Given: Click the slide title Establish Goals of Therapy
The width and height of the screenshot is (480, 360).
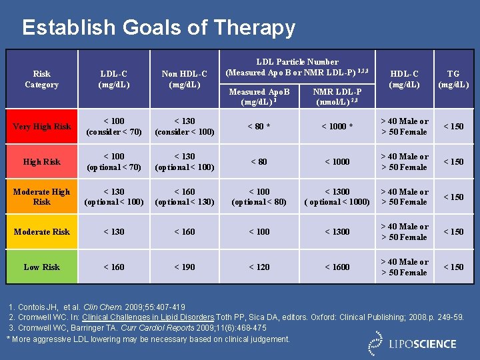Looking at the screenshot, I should coord(158,27).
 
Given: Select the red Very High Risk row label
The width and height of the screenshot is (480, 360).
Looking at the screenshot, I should coord(41,127).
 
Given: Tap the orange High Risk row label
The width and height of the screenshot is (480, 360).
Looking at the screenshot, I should coord(41,162).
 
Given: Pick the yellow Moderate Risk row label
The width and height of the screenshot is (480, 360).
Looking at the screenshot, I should coord(41,232).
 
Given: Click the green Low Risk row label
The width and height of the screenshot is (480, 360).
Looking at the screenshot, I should coord(41,267).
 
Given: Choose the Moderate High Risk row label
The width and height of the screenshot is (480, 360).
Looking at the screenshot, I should coord(41,197).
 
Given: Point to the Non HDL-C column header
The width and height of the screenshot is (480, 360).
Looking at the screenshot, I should coord(184,79).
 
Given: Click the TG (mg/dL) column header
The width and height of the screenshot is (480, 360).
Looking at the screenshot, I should coord(453,79).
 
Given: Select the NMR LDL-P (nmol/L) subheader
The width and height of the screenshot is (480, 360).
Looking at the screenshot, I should coord(337,97).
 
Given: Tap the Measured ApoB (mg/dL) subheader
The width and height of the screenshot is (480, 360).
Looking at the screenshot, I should coord(259,97).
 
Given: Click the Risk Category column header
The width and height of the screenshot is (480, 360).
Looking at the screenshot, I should coord(41,79).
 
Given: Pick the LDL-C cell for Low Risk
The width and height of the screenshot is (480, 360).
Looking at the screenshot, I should coord(113,267).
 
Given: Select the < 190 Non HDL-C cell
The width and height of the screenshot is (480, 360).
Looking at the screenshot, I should coord(184,267).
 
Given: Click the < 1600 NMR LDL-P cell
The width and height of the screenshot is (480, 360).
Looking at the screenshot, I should coord(337,267).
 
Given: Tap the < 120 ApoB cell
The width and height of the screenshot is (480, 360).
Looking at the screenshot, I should coord(259,267).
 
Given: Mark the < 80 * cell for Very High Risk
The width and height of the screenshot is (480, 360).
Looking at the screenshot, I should coord(259,127).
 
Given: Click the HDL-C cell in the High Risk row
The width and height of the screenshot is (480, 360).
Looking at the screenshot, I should coord(404,162).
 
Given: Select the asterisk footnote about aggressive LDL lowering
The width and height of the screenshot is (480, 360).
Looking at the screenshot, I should coord(148,339).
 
